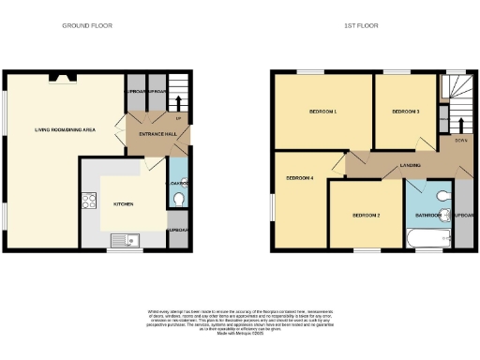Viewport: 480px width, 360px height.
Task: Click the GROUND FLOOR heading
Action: (86, 25)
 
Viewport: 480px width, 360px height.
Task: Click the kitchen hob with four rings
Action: (90, 201)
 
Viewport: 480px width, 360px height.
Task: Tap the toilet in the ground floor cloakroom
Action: (178, 199)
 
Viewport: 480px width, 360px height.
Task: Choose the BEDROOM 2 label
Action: (366, 216)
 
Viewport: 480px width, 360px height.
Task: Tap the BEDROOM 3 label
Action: (405, 112)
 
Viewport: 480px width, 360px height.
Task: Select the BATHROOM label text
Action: (428, 215)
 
